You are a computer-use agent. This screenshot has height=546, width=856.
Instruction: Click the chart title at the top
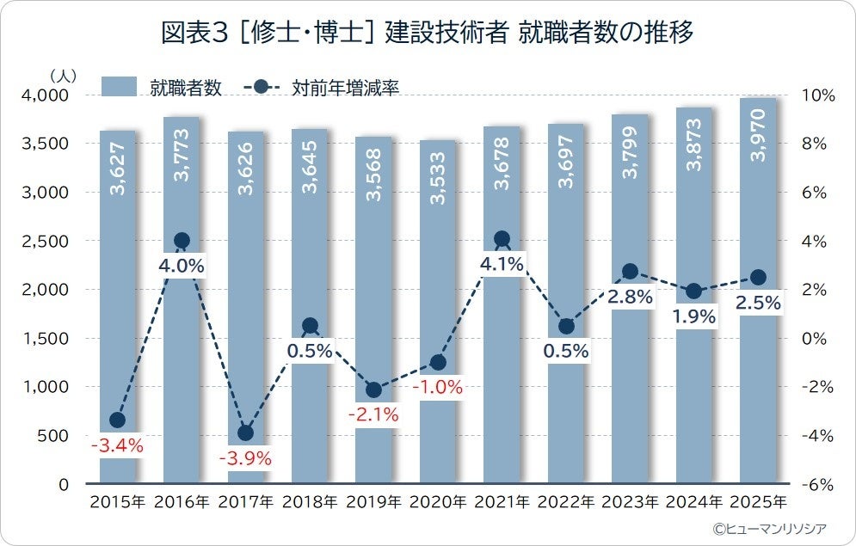pos(428,34)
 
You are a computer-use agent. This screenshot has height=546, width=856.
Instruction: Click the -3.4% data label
pos(118,446)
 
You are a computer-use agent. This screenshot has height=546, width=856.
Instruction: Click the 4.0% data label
pos(182,266)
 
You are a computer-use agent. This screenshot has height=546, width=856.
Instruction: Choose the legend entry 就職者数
pos(163,87)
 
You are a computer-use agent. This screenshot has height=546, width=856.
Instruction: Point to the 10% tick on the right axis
pos(817,95)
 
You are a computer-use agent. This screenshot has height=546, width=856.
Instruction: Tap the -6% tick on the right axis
pos(816,484)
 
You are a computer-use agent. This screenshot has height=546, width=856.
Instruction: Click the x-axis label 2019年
pos(373,502)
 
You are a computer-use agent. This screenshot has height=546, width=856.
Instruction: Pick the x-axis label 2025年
pos(758,502)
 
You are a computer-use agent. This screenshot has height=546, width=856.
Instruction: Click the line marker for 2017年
pos(245,433)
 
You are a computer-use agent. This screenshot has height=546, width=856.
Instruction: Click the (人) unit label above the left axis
pos(63,77)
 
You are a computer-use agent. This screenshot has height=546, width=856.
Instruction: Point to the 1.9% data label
pos(694,316)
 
